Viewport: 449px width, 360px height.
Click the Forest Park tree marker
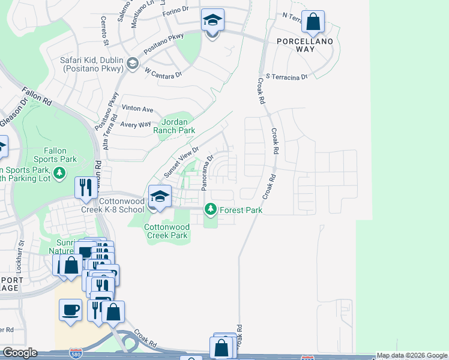click(x=211, y=209)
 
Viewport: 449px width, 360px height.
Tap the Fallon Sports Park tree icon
click(x=59, y=174)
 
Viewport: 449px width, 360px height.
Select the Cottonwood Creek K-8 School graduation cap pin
click(x=160, y=197)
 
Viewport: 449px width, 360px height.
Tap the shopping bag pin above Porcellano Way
click(x=313, y=23)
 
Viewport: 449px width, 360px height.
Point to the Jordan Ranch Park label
click(x=175, y=125)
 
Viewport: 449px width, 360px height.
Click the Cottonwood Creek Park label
click(x=166, y=231)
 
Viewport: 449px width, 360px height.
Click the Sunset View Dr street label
click(x=182, y=159)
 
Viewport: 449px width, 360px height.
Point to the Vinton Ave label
click(x=137, y=109)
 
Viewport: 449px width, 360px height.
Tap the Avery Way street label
click(x=136, y=124)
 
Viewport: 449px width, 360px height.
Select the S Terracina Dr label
click(x=286, y=77)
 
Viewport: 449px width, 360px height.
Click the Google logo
click(x=19, y=353)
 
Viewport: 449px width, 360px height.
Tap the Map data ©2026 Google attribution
click(x=412, y=355)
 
